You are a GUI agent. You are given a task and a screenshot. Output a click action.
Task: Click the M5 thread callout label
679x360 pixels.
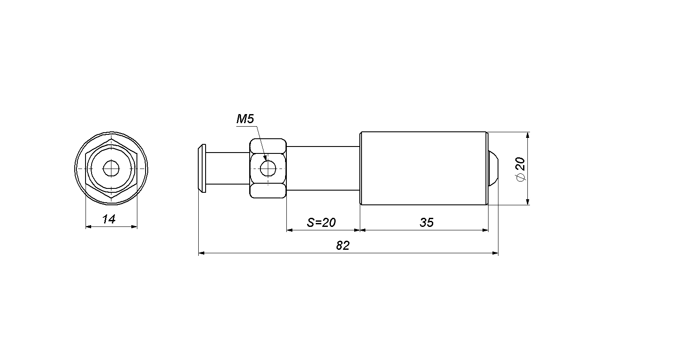click(x=245, y=119)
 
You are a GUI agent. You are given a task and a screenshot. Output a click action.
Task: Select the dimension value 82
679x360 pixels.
click(x=343, y=245)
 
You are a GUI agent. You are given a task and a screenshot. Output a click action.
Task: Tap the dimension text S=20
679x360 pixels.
click(x=321, y=223)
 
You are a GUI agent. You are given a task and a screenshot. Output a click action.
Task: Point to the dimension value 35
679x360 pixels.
click(x=427, y=223)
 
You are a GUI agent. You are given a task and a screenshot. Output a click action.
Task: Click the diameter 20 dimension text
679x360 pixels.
click(x=520, y=169)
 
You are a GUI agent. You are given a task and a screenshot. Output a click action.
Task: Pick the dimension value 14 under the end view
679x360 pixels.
click(x=109, y=219)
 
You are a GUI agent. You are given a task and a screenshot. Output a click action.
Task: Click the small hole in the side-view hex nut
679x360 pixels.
click(x=268, y=168)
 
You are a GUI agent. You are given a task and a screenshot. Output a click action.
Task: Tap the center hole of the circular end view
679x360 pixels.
click(x=111, y=168)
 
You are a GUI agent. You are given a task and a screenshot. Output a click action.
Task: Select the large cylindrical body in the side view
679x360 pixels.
click(x=424, y=168)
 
